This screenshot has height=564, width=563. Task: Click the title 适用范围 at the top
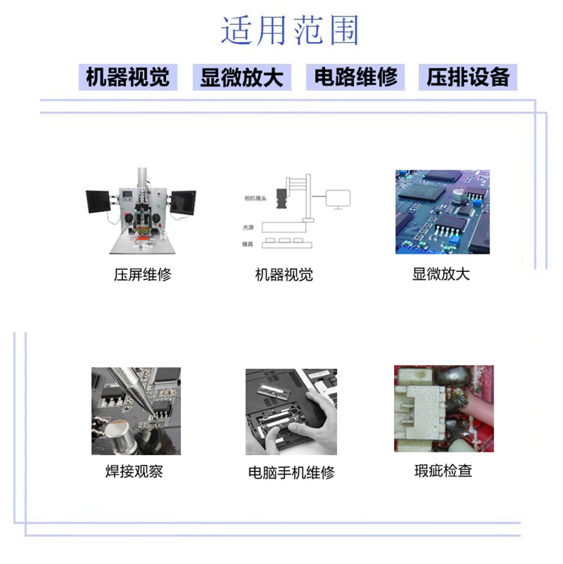(289, 31)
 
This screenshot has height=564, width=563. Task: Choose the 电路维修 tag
(355, 77)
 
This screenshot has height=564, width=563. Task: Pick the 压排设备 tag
(468, 77)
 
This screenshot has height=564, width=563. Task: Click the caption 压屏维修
(143, 274)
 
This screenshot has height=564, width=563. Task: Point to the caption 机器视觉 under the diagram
(284, 275)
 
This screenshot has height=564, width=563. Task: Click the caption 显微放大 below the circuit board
(441, 274)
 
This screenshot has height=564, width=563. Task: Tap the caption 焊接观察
(134, 471)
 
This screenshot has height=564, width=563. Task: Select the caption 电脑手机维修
(291, 472)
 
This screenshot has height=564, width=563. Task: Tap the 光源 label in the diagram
(247, 227)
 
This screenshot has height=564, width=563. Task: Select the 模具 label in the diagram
(247, 244)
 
